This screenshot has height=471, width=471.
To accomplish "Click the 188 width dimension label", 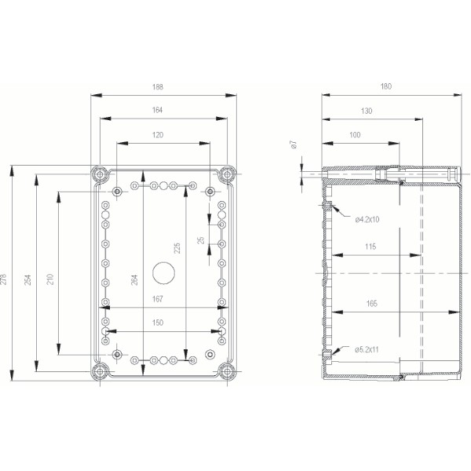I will tap(164, 88).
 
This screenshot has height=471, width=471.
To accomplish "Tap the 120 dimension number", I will tap(159, 135).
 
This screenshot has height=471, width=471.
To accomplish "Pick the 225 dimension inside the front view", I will tap(177, 248).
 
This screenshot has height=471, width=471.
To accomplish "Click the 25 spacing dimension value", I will tap(201, 240).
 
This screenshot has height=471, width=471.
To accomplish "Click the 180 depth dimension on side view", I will tap(385, 88).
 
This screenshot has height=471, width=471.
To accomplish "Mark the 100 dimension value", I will tap(356, 135).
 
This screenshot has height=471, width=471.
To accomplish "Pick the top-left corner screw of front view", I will tap(99, 174).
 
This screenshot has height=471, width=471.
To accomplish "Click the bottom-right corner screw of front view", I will tap(228, 370).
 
